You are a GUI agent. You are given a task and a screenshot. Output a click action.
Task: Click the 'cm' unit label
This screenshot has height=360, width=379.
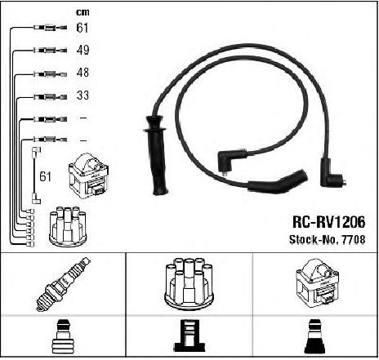82,12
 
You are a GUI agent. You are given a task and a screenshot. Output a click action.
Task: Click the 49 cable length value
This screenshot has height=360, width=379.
82,50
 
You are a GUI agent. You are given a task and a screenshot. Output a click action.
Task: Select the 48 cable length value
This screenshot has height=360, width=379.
82,73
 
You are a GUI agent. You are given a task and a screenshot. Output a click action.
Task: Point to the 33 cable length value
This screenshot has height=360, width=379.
82,96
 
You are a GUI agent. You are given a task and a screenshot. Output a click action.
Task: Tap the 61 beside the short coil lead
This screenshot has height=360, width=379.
45,176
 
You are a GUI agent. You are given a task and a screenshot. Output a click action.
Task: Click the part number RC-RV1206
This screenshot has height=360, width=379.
328,222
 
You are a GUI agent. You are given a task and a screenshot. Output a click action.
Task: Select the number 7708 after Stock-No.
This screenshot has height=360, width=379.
353,239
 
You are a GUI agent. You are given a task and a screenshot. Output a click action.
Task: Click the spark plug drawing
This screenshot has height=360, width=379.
63,284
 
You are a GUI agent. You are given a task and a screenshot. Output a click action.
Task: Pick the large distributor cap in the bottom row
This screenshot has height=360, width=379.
189,283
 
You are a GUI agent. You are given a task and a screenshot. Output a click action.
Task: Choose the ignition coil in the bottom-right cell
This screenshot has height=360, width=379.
317,283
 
